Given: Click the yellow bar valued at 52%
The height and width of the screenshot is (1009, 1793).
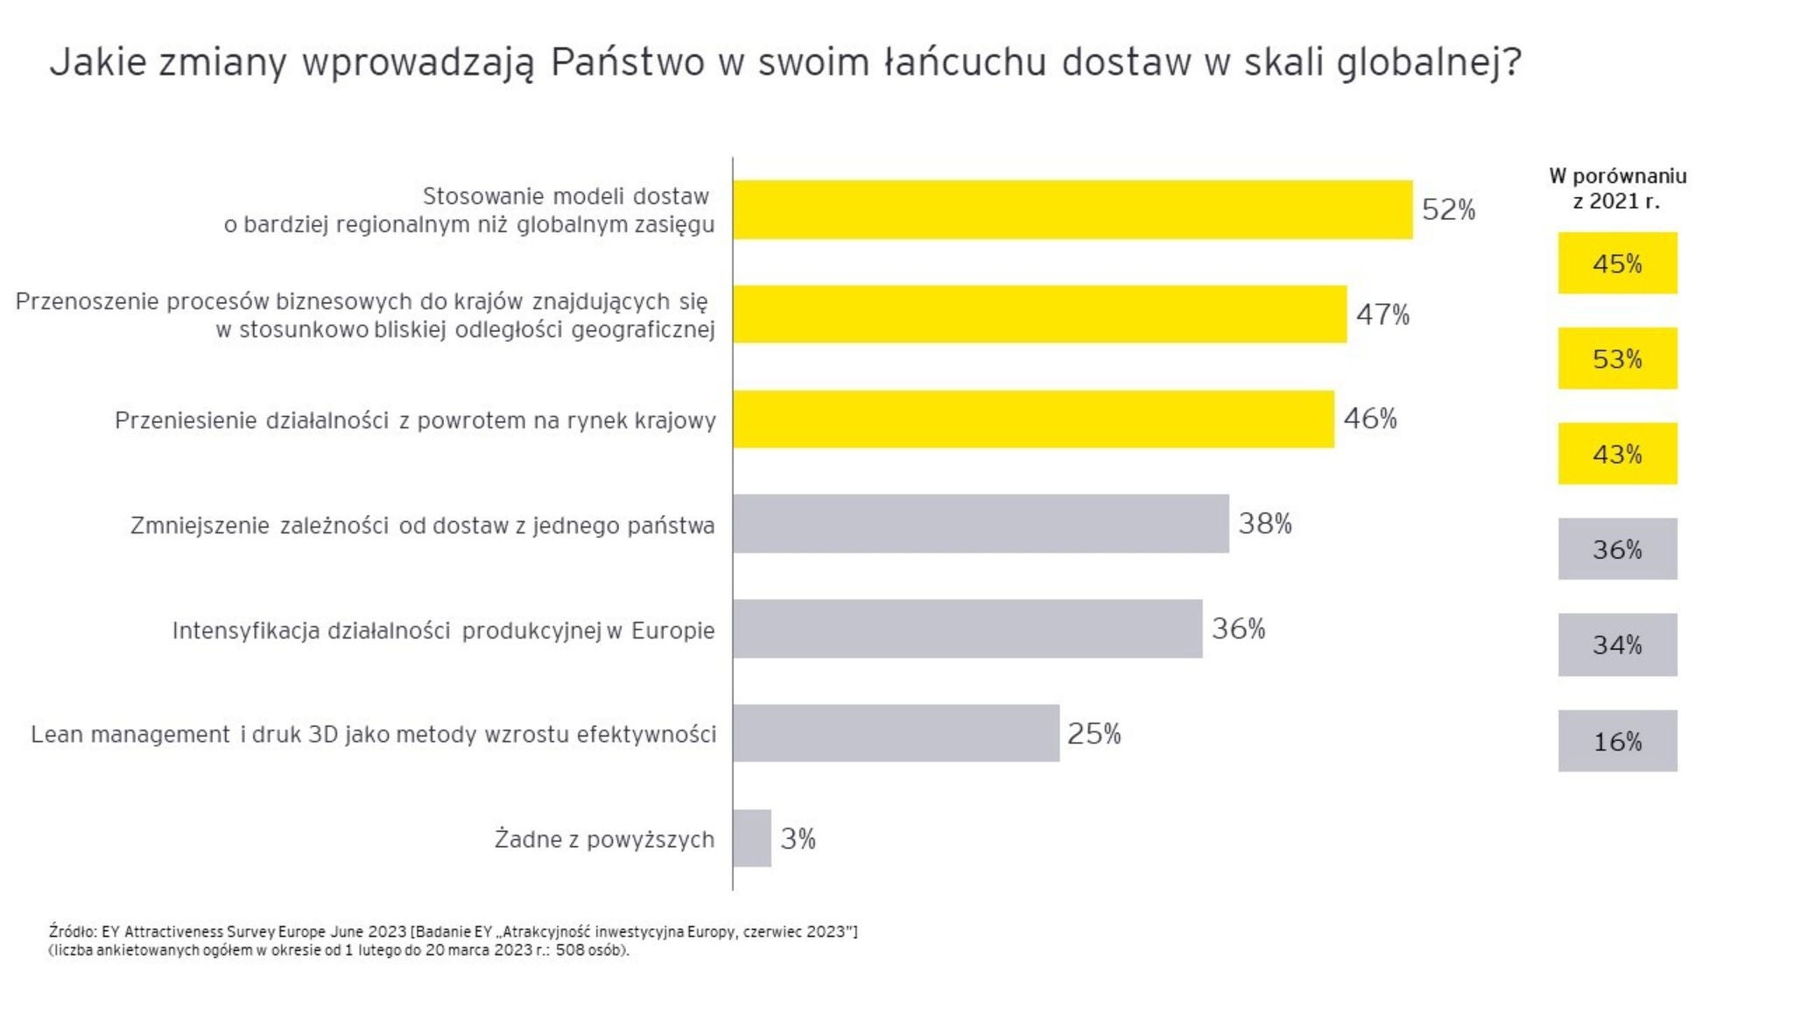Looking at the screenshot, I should click(x=1072, y=209).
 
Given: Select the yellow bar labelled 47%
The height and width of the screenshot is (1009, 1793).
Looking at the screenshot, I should click(x=1039, y=314).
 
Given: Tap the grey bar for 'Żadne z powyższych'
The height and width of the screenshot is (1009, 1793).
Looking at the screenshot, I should click(x=752, y=838).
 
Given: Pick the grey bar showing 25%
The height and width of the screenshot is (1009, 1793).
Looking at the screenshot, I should click(x=896, y=733).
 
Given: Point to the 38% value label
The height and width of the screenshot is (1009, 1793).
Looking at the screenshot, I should click(x=1264, y=524).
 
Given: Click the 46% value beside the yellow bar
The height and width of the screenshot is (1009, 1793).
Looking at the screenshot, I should click(x=1369, y=419).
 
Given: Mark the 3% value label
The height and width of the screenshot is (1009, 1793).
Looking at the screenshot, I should click(x=798, y=839).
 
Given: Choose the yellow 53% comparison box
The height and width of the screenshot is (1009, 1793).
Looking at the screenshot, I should click(x=1617, y=358).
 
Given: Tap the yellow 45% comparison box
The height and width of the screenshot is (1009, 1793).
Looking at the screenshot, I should click(x=1617, y=263).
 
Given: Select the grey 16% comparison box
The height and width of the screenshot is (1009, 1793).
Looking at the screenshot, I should click(x=1617, y=741).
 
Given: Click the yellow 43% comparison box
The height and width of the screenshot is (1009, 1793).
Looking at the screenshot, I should click(x=1617, y=454).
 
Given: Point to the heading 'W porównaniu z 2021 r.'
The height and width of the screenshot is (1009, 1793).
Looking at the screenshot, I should click(x=1617, y=188).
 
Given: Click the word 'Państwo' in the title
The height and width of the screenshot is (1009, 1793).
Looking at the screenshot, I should click(x=627, y=62).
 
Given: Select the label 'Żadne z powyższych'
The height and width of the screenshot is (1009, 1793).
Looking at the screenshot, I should click(x=604, y=839).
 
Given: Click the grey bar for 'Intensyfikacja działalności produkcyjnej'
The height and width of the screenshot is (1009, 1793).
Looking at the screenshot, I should click(x=967, y=628).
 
